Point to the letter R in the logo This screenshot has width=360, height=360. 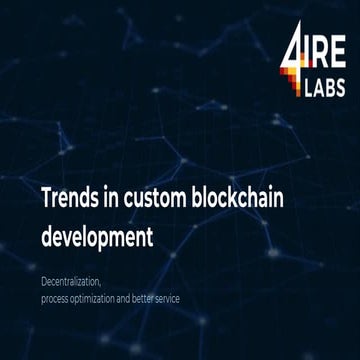pos(321,55)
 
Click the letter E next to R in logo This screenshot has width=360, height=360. pos(339,55)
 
